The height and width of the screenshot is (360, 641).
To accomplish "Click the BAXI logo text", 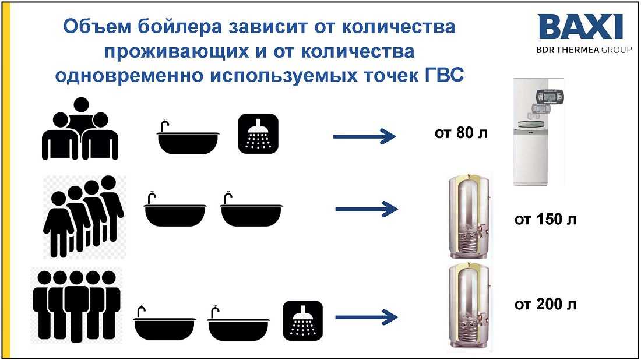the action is (580, 27).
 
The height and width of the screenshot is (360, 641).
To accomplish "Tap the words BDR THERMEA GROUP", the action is (584, 50).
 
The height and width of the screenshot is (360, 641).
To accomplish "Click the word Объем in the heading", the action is (98, 27).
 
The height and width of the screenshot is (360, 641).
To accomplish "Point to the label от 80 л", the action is (461, 133).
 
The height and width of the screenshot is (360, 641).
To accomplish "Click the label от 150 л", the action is (545, 220).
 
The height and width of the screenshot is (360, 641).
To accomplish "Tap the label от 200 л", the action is (545, 305).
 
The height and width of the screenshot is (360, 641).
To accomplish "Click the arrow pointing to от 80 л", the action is (365, 136).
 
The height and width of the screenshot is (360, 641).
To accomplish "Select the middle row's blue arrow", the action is (367, 209).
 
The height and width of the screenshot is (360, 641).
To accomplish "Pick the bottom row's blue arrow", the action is (367, 317).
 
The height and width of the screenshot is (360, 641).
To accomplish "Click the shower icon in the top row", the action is (258, 134).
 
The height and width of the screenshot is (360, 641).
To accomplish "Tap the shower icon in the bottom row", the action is (303, 321).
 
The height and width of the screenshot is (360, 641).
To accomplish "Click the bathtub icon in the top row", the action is (188, 137).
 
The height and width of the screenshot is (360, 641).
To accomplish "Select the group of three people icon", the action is (80, 129).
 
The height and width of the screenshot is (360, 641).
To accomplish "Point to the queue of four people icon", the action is (83, 217).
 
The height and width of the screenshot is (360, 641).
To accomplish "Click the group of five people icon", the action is (76, 306).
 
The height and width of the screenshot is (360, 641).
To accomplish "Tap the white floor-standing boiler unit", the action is (539, 132).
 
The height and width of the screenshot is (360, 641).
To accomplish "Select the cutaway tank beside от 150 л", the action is (469, 217).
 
